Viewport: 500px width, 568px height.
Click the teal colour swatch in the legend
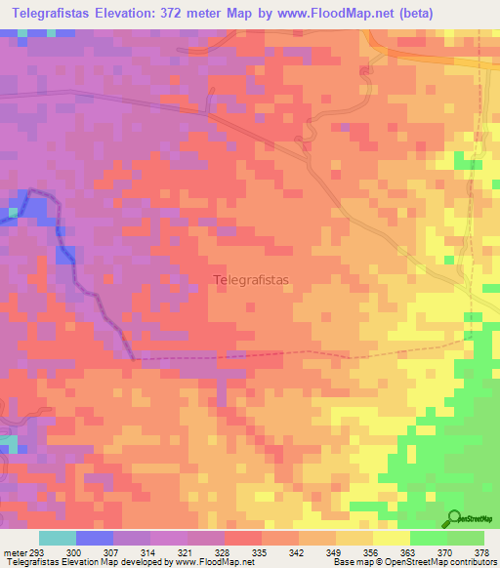(58, 538)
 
